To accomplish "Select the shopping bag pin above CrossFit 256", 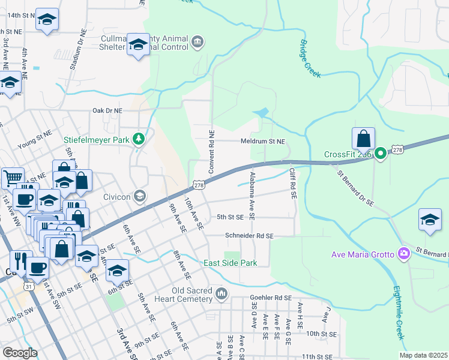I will click(364, 139).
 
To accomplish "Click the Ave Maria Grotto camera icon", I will click(405, 254).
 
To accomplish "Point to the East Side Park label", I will click(230, 263).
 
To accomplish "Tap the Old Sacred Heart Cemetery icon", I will click(222, 293).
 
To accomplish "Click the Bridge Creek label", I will click(309, 59).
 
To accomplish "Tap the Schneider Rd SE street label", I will click(249, 236).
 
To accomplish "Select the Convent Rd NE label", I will click(211, 152).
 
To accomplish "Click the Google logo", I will click(20, 352).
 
